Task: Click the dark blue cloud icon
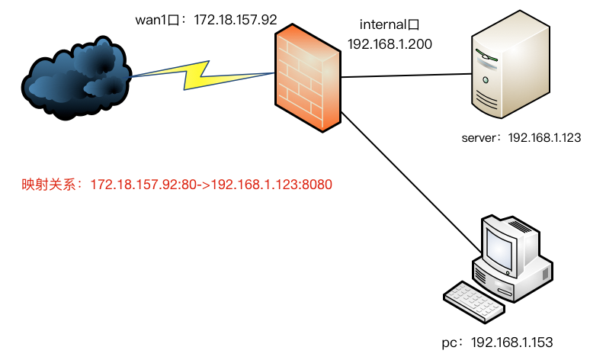pos(76,79)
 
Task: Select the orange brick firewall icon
pos(308,78)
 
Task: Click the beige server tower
pos(511,64)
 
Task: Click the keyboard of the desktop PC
pos(474,301)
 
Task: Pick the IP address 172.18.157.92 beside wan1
pos(236,20)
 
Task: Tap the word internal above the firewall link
pos(383,24)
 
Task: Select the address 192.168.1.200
pos(390,44)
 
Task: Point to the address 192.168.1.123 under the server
pos(544,137)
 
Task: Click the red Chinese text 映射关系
pos(49,185)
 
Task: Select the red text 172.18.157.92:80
pos(143,185)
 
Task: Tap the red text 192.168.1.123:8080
pos(271,185)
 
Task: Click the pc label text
pos(449,343)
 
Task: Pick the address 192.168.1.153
pos(512,342)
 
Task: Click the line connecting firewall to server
pos(406,76)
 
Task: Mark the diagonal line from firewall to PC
pos(412,182)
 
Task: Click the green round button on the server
pos(486,80)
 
